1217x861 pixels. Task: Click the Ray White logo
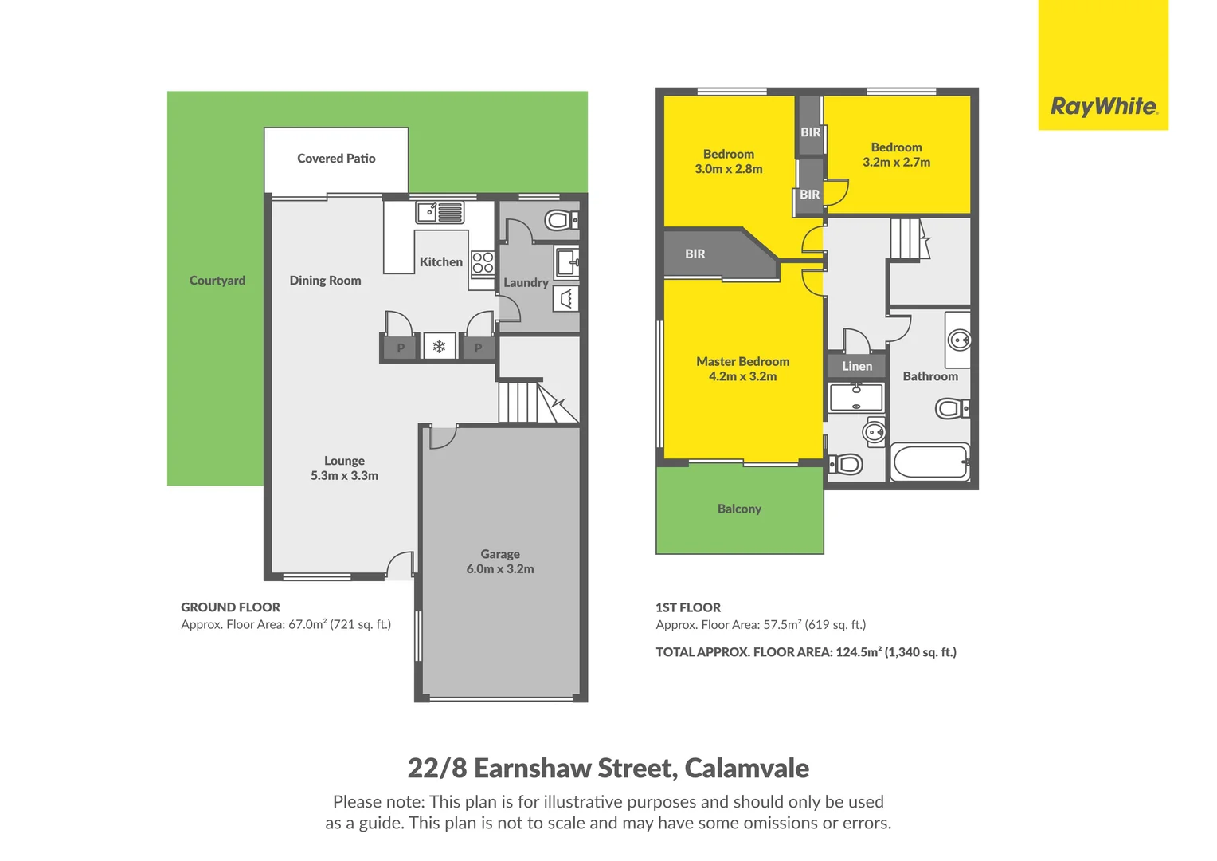(x=1103, y=106)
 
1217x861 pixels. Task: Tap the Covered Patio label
(x=336, y=159)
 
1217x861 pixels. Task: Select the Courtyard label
(x=217, y=281)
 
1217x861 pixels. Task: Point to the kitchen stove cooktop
(x=483, y=262)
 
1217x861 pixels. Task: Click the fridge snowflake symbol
(x=439, y=347)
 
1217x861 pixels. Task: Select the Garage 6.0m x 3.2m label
(x=500, y=561)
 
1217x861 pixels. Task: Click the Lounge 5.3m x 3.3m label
(x=344, y=468)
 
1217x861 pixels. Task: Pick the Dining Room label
(x=325, y=281)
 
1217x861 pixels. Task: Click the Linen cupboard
(x=857, y=366)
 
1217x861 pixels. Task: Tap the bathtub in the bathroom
(x=929, y=462)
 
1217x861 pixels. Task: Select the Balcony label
(x=739, y=509)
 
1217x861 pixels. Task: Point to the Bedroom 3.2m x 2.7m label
(x=896, y=155)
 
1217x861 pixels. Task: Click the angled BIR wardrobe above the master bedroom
(x=709, y=254)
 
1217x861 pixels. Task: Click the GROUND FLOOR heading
(x=230, y=607)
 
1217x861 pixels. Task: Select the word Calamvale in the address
(x=746, y=768)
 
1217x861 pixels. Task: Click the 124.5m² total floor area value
(x=858, y=652)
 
